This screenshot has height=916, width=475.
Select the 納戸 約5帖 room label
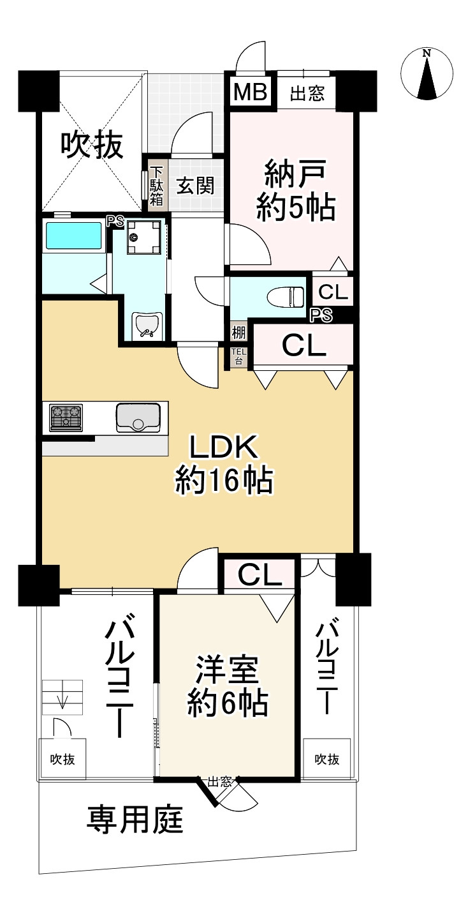pos(296,191)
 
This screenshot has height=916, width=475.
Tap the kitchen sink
pos(137,417)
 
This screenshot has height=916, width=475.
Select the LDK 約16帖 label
pos(224,464)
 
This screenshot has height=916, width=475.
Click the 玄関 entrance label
pos(195,186)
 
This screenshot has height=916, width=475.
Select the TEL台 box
pos(237,357)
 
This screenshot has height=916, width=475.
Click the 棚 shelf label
pos(238,332)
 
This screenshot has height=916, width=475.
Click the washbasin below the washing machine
pos(147,326)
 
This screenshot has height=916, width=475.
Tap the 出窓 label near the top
pos(307,94)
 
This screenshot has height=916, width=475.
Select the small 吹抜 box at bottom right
pos(326,759)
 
